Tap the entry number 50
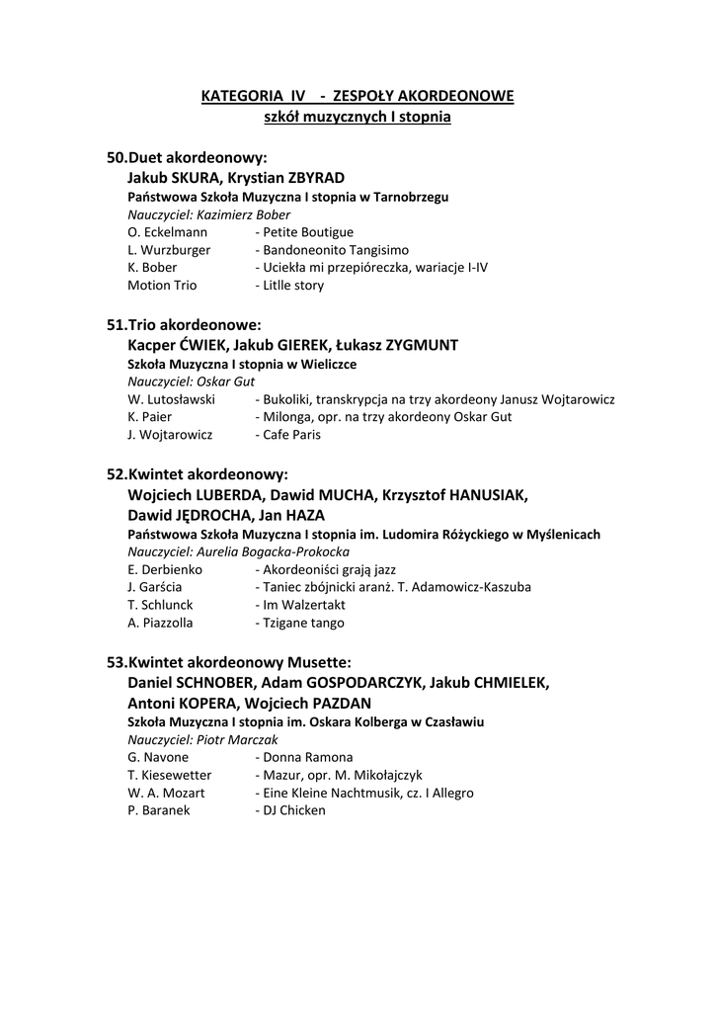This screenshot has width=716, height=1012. click(117, 158)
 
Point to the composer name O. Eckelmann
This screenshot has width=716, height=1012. click(168, 232)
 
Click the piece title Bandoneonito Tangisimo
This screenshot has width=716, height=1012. click(335, 250)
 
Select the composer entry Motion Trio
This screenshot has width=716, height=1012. click(162, 286)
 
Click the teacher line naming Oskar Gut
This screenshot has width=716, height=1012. click(192, 381)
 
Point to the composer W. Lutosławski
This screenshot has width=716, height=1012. click(172, 399)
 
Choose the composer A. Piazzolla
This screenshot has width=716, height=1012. click(160, 623)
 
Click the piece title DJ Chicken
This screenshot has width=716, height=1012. click(293, 810)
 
